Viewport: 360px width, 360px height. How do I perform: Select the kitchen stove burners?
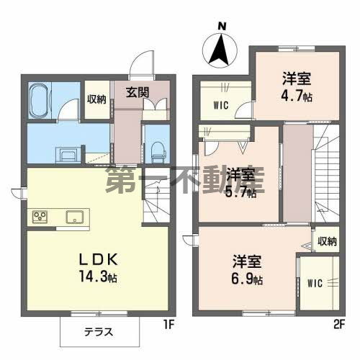pyautogui.click(x=39, y=216)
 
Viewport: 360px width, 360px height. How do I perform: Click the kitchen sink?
pyautogui.click(x=75, y=217)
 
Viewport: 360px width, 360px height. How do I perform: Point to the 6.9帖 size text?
pyautogui.click(x=246, y=278)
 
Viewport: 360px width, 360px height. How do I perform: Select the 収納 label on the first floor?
pyautogui.click(x=96, y=99)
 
